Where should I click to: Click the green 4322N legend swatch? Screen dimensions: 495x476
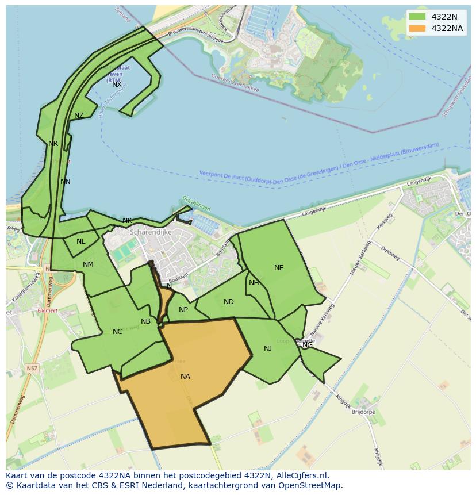(417, 17)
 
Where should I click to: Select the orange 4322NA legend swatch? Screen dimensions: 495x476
(417, 28)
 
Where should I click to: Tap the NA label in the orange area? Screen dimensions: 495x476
(185, 377)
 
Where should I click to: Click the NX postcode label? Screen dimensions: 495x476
(117, 85)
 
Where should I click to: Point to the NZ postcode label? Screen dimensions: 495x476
(79, 116)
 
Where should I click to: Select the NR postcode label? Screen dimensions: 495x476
(53, 144)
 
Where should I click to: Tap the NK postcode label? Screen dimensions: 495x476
(127, 221)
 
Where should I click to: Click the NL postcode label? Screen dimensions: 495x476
(80, 241)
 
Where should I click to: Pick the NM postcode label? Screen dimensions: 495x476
(88, 264)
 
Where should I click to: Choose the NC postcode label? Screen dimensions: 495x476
(117, 332)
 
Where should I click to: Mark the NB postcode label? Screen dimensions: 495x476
(145, 321)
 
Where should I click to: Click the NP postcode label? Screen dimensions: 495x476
(183, 310)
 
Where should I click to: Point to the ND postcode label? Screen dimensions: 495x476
(229, 302)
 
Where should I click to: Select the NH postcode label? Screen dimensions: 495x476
(254, 283)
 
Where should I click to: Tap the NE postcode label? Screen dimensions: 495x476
(279, 268)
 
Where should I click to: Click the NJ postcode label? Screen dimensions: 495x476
(268, 348)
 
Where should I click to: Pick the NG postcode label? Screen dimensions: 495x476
(308, 345)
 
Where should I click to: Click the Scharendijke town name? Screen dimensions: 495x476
(151, 232)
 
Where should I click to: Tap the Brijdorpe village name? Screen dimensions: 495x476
(363, 412)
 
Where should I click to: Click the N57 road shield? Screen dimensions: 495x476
(32, 368)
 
